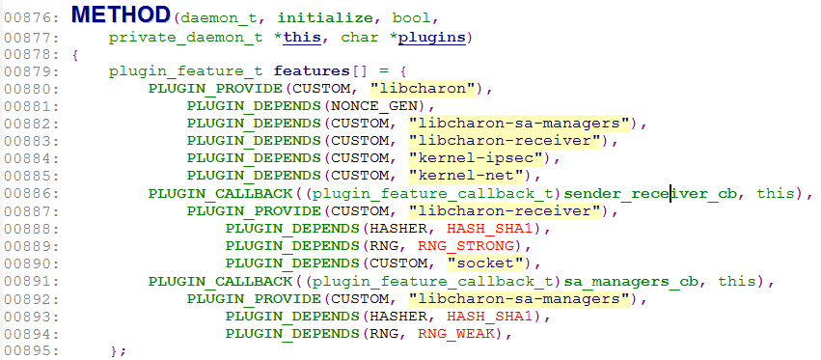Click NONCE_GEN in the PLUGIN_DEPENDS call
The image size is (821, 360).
(x=377, y=106)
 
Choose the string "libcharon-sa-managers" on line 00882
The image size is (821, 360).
(x=520, y=124)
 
